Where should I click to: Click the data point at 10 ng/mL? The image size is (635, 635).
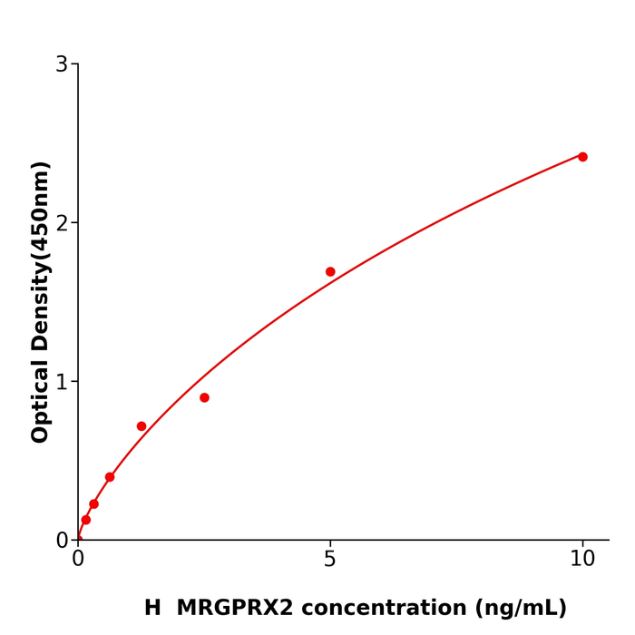click(582, 157)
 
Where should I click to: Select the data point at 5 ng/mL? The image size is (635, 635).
click(330, 272)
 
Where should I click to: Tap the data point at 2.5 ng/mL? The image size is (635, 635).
click(204, 397)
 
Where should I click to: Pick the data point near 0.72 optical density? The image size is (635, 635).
click(142, 426)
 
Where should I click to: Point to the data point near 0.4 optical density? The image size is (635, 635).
click(110, 477)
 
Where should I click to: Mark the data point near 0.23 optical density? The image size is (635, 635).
click(93, 504)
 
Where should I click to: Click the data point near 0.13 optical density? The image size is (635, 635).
click(86, 520)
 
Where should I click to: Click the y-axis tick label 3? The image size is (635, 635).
click(62, 64)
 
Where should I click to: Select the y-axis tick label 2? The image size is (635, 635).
click(62, 223)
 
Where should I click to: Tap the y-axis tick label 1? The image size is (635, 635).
click(62, 382)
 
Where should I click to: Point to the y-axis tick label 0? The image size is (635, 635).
click(62, 541)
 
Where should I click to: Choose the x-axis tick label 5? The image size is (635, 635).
click(330, 560)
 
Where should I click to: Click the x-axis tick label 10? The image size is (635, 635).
click(582, 560)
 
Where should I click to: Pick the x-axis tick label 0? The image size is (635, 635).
click(78, 560)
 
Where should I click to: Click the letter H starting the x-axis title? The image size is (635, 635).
click(152, 609)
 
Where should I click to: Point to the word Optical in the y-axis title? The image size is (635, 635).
click(41, 400)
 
